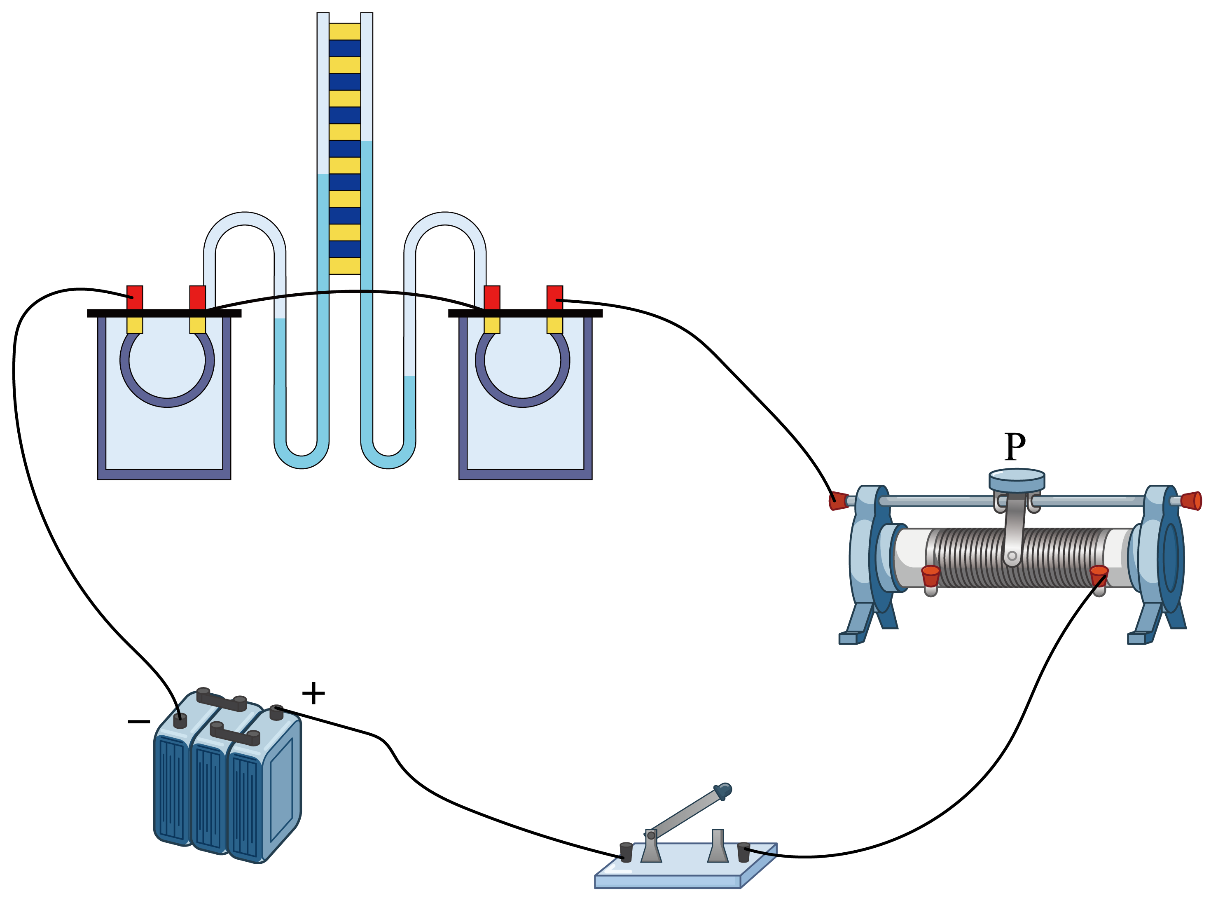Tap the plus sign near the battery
click(313, 693)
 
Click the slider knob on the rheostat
click(1017, 480)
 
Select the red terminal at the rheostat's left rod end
click(838, 500)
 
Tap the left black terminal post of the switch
click(626, 852)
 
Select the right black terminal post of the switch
click(743, 852)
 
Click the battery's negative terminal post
click(180, 721)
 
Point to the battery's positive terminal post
click(277, 713)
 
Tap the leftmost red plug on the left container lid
click(135, 298)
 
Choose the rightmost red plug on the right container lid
click(555, 298)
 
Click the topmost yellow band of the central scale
click(345, 32)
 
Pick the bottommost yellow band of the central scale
click(345, 266)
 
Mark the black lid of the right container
click(525, 313)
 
